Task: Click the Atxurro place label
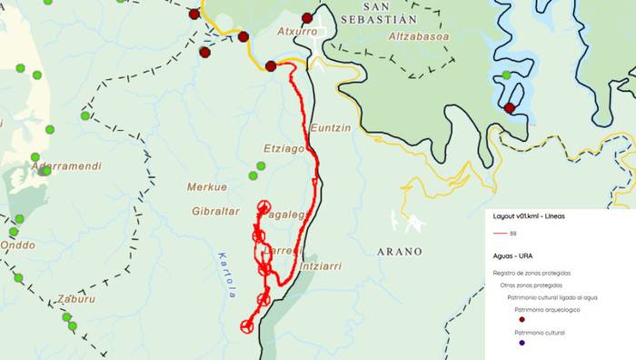[297, 31]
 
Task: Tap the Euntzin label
[330, 128]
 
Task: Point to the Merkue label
[206, 187]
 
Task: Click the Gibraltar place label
[215, 211]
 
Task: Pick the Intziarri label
[320, 266]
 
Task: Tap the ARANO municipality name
[399, 251]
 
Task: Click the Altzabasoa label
[418, 36]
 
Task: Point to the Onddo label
[18, 245]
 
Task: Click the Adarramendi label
[65, 166]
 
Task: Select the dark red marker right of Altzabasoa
[510, 107]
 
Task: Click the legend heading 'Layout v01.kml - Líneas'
[529, 216]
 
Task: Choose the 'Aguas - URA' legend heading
[512, 255]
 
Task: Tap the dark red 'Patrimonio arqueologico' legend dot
[522, 319]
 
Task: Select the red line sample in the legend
[501, 234]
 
